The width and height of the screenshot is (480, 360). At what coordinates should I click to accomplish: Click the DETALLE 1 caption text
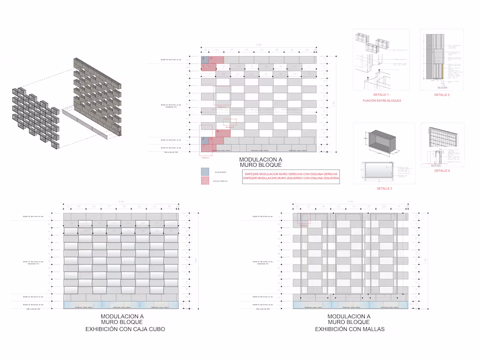(x=381, y=95)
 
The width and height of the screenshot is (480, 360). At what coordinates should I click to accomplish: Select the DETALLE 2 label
(x=442, y=95)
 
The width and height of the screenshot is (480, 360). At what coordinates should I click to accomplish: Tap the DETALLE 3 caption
(x=384, y=189)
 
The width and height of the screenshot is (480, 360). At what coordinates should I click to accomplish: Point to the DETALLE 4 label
(x=442, y=171)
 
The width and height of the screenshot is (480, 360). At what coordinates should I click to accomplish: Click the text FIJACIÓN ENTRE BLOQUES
(x=381, y=101)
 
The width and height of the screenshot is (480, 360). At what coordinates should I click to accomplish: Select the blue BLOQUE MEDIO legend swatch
(x=205, y=172)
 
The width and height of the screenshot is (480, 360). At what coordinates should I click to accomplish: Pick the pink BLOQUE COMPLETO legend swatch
(x=205, y=181)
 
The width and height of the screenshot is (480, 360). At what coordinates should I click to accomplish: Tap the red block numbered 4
(x=223, y=134)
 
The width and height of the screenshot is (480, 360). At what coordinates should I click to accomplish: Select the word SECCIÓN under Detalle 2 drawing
(x=442, y=87)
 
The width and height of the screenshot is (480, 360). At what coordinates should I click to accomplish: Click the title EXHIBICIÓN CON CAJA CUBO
(x=125, y=329)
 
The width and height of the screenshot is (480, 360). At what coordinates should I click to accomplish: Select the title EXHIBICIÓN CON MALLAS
(x=350, y=329)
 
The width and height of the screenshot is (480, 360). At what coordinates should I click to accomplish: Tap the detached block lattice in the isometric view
(x=35, y=116)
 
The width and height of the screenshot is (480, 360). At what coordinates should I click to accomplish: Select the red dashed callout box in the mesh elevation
(x=303, y=219)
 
